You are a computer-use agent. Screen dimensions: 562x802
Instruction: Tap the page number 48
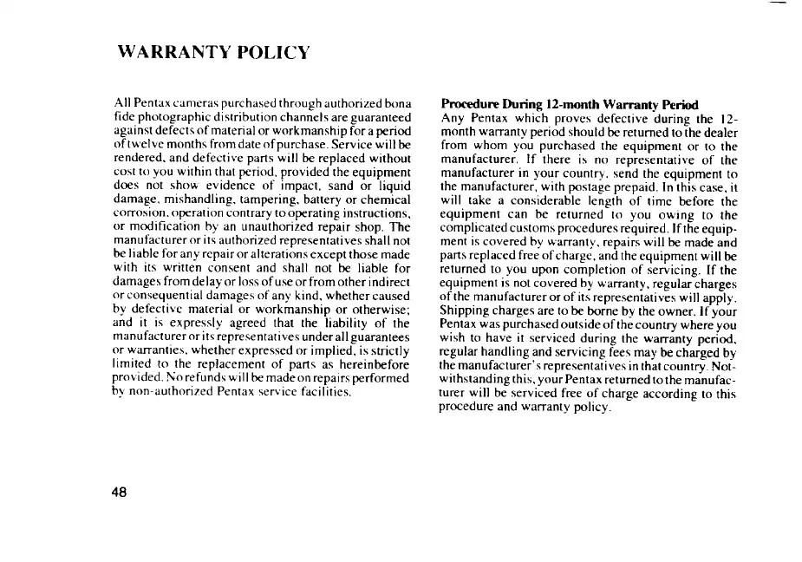pos(120,492)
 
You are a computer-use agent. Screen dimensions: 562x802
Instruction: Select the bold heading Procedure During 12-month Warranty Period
pos(570,105)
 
